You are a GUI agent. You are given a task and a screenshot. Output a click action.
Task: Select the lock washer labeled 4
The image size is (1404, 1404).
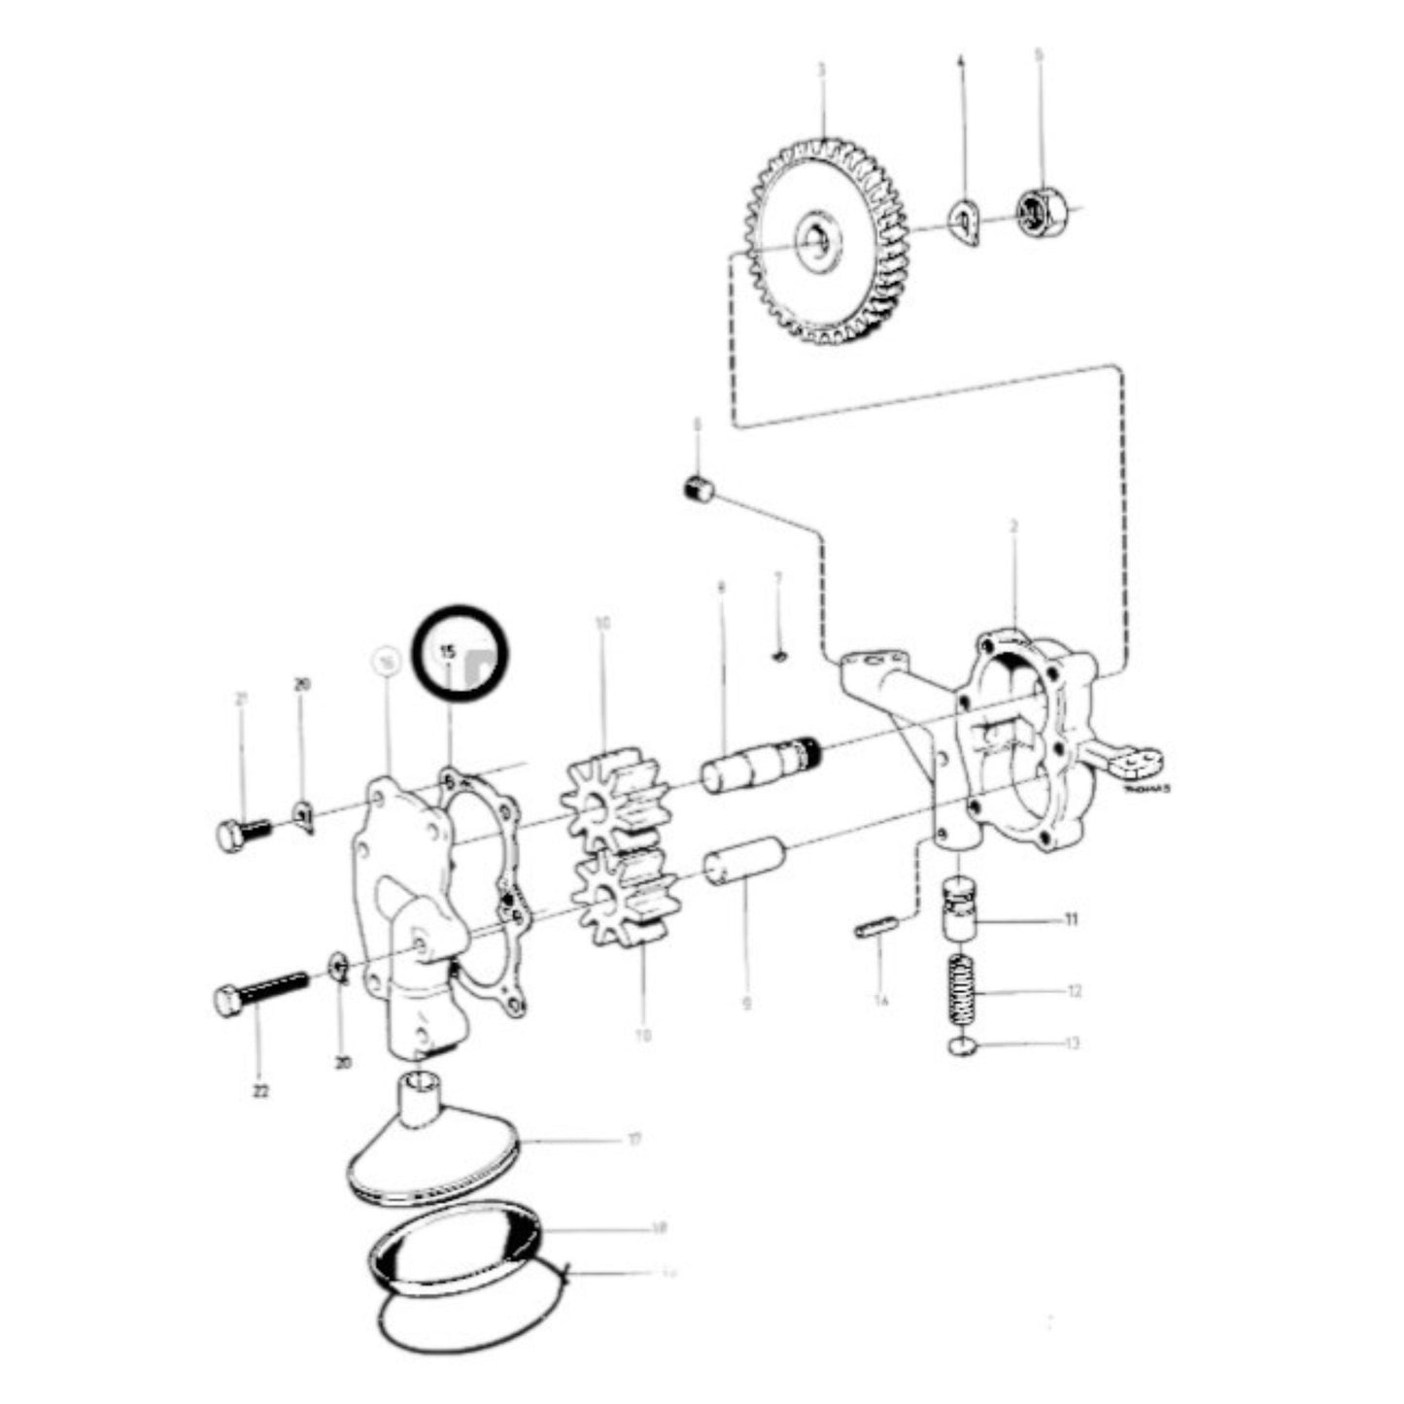coord(966,223)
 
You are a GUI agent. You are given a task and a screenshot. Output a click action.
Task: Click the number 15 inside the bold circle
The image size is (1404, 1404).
coord(448,652)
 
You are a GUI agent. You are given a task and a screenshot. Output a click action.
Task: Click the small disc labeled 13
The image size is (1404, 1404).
coord(962,1045)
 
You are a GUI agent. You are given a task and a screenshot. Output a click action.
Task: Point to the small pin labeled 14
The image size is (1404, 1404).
coord(873,930)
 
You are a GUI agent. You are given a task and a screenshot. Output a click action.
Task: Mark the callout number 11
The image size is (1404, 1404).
coord(1071,919)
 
